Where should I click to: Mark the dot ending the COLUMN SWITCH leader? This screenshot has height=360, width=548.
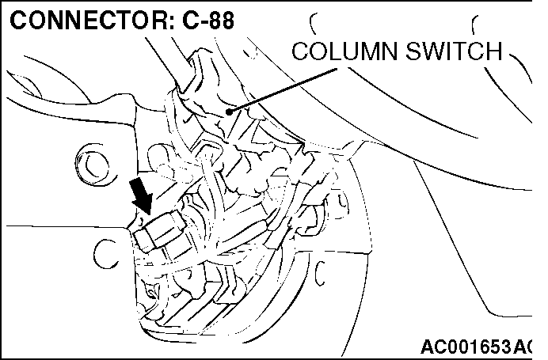230,112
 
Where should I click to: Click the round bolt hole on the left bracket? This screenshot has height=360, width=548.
95,165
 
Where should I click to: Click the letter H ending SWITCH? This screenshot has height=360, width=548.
493,51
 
